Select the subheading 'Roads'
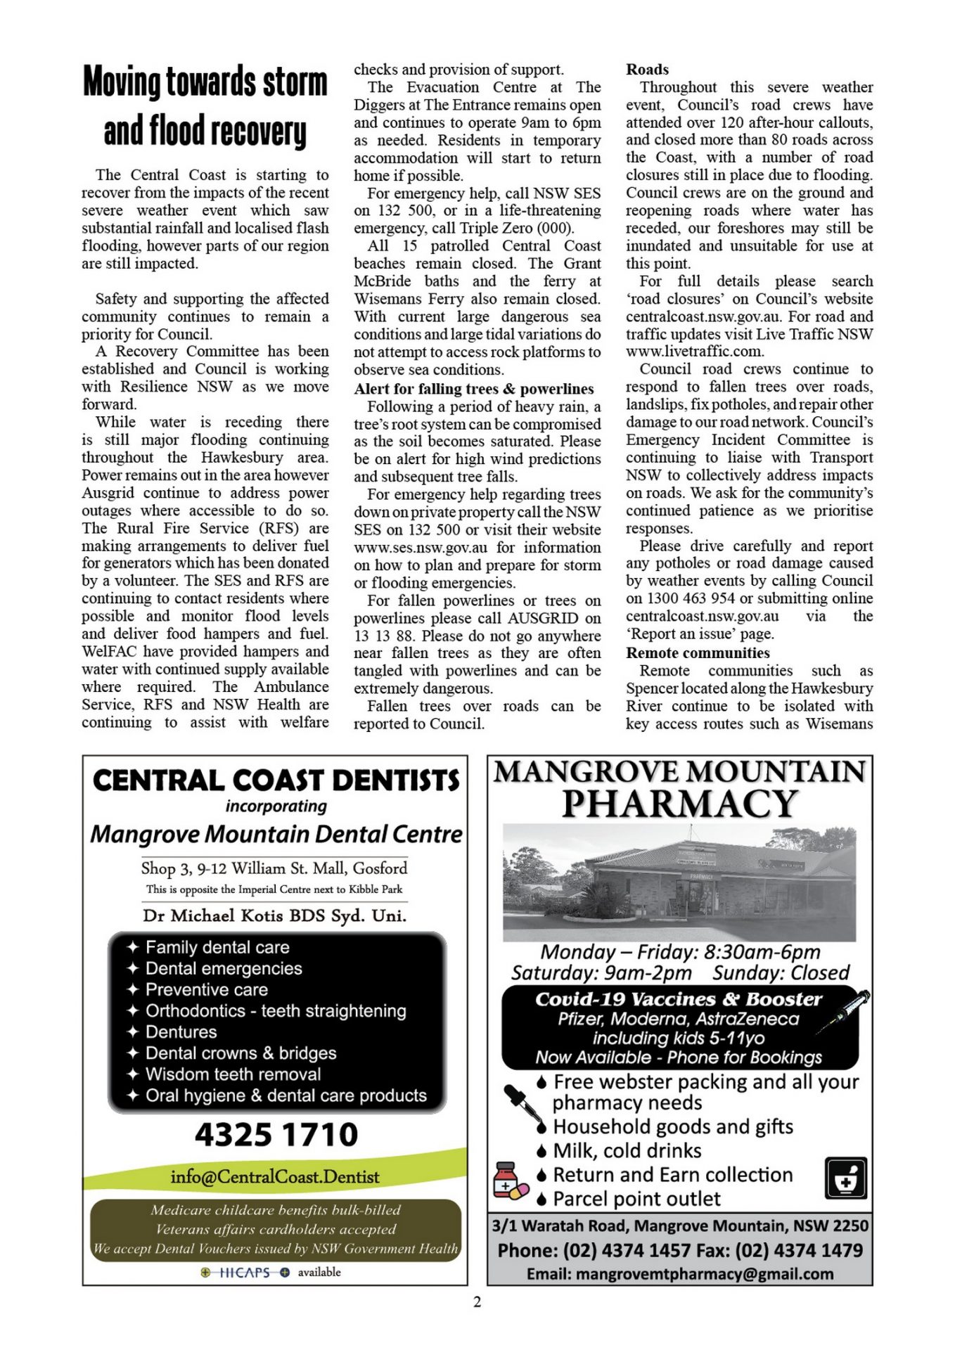pos(647,70)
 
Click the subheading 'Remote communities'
pos(698,652)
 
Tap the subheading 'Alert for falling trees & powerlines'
pos(473,389)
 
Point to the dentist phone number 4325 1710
pos(276,1135)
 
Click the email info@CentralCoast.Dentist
pos(274,1176)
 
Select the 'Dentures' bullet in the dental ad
pos(181,1032)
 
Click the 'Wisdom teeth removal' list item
pos(233,1074)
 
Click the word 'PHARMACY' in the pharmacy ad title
pos(679,804)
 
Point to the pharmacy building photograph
pos(679,883)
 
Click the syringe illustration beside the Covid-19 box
pos(844,1011)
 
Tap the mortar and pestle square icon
pos(845,1178)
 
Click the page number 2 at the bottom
pos(478,1302)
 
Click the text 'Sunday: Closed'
pos(781,972)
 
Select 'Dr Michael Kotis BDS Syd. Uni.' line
pos(274,915)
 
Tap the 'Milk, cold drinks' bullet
pos(627,1150)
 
